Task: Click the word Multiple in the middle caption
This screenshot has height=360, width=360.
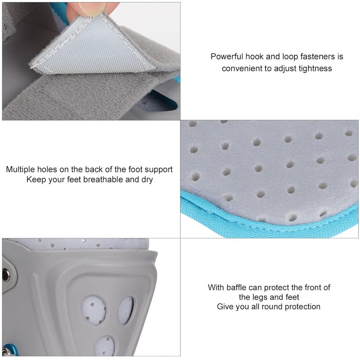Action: click(x=20, y=170)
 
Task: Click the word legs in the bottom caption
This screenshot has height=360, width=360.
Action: click(x=260, y=297)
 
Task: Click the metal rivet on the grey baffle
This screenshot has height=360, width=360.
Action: click(x=5, y=275)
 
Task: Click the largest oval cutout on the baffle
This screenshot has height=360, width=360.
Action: click(x=94, y=310)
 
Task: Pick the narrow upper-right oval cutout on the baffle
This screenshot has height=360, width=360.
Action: click(x=126, y=310)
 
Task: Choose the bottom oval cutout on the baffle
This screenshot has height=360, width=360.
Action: click(x=105, y=346)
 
